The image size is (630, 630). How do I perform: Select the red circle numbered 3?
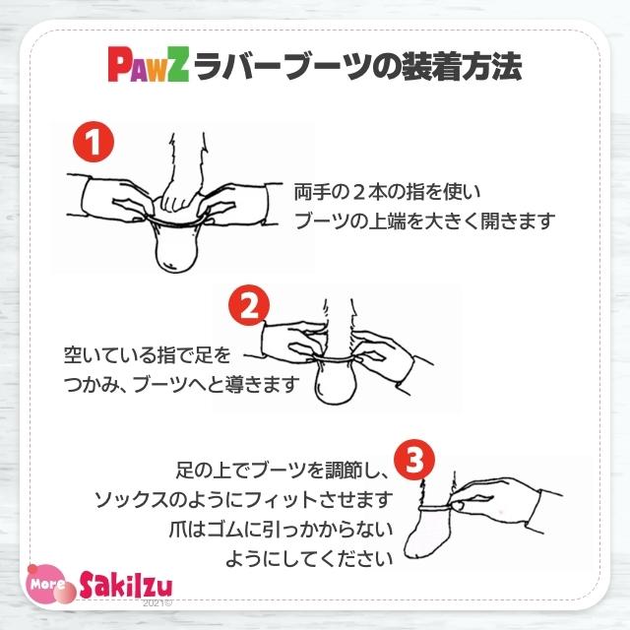414,459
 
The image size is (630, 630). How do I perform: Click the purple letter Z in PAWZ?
178,67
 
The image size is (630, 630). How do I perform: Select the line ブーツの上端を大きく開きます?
425,220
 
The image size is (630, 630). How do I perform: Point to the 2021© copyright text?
157,602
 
